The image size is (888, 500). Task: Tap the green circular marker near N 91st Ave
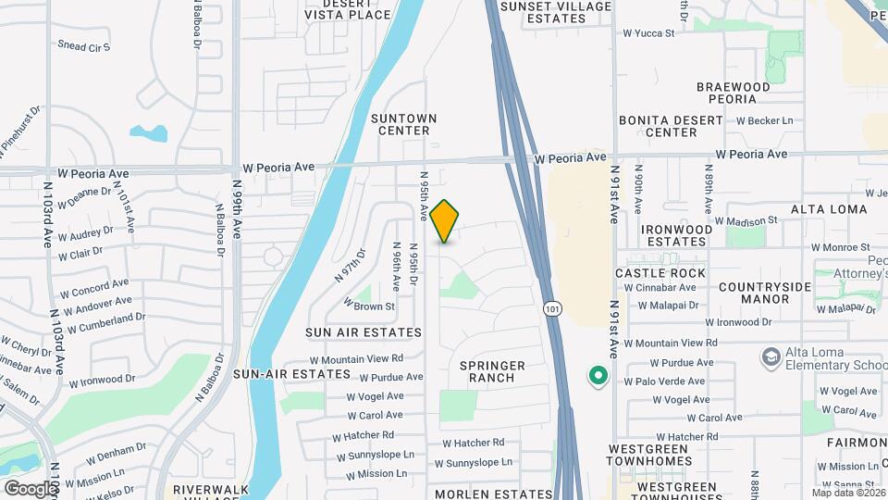598,376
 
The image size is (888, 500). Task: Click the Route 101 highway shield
552,307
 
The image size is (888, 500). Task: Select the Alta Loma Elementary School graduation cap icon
770,357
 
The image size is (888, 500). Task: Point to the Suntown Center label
403,125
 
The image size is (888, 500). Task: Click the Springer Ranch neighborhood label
492,372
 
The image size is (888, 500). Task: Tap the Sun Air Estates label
364,331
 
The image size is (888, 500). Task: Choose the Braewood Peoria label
733,94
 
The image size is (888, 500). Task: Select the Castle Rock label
660,273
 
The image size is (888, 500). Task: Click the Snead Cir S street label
83,46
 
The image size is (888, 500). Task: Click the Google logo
31,488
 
